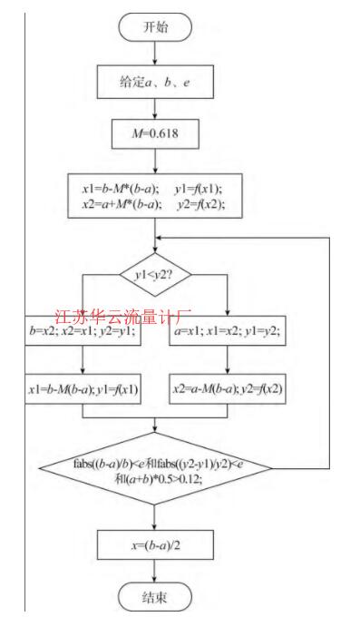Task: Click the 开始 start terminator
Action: pyautogui.click(x=156, y=27)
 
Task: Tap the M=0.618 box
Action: pyautogui.click(x=156, y=134)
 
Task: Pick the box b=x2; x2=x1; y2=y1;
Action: pyautogui.click(x=83, y=332)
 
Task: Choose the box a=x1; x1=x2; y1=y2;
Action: pyautogui.click(x=228, y=332)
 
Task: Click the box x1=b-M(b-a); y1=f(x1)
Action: pyautogui.click(x=83, y=391)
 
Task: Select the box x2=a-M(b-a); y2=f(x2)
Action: pyautogui.click(x=228, y=391)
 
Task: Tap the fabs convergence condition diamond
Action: pyautogui.click(x=156, y=467)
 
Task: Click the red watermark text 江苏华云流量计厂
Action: pyautogui.click(x=124, y=318)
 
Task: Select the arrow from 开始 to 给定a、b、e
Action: pyautogui.click(x=156, y=53)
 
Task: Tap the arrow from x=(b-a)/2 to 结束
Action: pyautogui.click(x=156, y=571)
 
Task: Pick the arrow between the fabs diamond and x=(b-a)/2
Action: pyautogui.click(x=156, y=515)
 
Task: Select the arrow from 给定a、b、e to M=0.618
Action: pyautogui.click(x=156, y=109)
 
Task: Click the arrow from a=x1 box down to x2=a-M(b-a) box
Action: pyautogui.click(x=228, y=361)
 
